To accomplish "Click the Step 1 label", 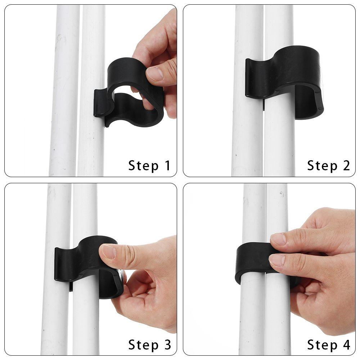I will tap(149, 166).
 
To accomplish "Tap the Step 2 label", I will tap(328, 166).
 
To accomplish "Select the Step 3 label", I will tap(149, 345).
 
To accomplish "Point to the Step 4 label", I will tap(328, 345).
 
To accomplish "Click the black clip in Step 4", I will tap(252, 261).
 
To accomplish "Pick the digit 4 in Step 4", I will tap(346, 345).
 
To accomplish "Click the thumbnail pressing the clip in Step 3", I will tap(108, 251).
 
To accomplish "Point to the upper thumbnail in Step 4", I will tap(278, 239).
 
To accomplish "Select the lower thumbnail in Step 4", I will tap(277, 260).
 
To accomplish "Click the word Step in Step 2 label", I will tap(320, 166).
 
